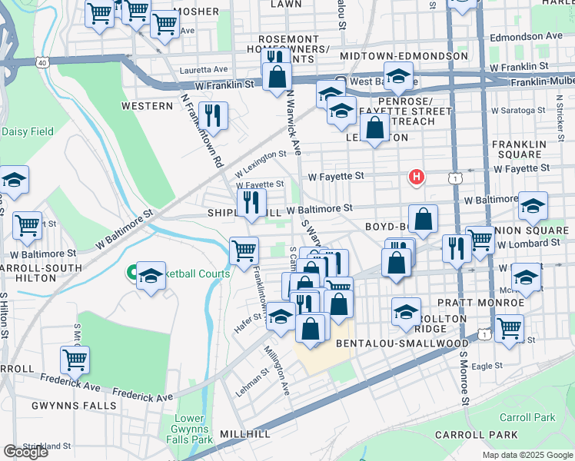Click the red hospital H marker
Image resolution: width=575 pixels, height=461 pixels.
416,177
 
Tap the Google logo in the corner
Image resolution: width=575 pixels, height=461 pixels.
25,452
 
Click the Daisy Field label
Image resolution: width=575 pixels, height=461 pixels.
28,131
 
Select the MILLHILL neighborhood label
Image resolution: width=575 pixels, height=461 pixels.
244,434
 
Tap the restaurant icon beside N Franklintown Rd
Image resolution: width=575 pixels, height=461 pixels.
213,116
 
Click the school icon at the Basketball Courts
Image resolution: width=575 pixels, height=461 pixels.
151,276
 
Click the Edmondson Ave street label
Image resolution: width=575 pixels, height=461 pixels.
533,36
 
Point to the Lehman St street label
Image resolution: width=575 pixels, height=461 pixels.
252,381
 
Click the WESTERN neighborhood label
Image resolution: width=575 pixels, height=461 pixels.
146,105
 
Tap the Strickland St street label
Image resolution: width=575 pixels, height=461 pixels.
47,445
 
